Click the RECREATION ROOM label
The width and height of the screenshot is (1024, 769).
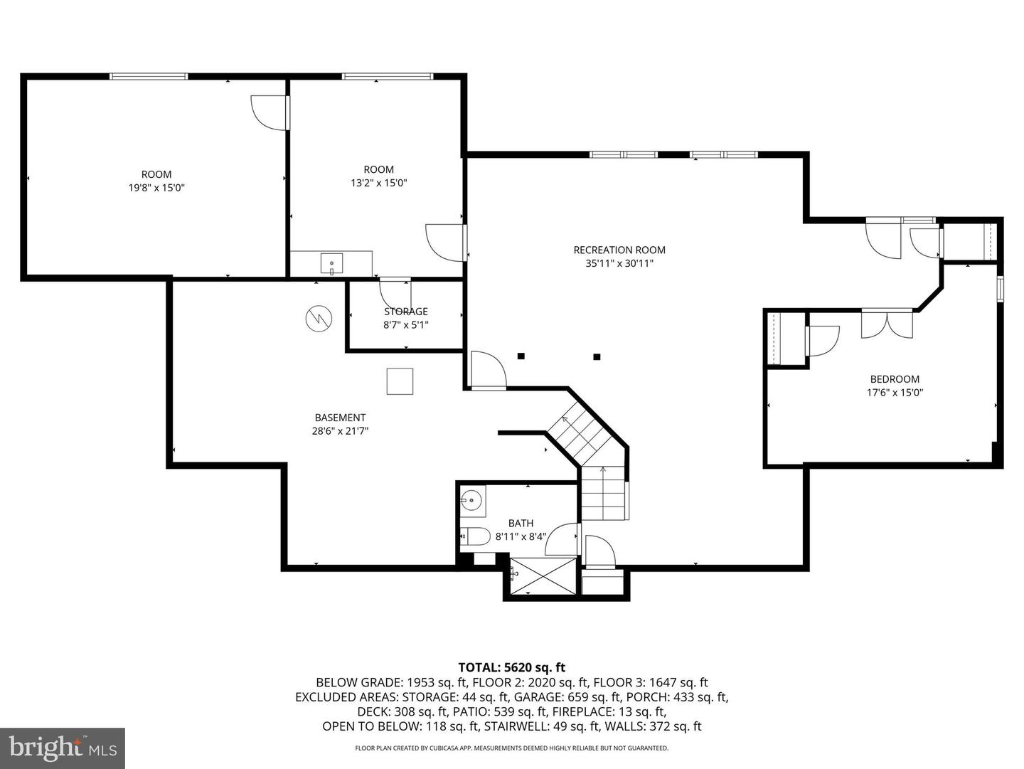619,250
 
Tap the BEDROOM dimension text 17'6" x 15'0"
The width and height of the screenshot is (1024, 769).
895,392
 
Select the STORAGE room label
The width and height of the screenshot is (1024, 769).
406,312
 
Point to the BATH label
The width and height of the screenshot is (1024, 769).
521,523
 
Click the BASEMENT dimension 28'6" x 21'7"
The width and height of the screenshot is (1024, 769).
340,430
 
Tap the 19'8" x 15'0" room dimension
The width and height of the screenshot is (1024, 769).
156,188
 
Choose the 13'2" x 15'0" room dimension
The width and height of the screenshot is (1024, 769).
378,183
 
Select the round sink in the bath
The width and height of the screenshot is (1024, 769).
471,500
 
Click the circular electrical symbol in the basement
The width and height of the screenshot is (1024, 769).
319,318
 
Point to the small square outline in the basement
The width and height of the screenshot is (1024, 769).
400,381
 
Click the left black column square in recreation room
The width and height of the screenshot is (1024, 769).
521,356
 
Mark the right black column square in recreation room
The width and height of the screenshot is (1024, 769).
597,356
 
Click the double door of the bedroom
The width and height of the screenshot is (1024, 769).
887,324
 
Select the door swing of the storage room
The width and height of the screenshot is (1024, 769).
393,293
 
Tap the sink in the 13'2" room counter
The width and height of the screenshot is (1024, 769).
331,263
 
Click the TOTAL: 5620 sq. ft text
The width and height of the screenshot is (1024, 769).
511,667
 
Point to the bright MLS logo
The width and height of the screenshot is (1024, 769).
63,748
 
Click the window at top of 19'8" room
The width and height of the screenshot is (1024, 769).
149,76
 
